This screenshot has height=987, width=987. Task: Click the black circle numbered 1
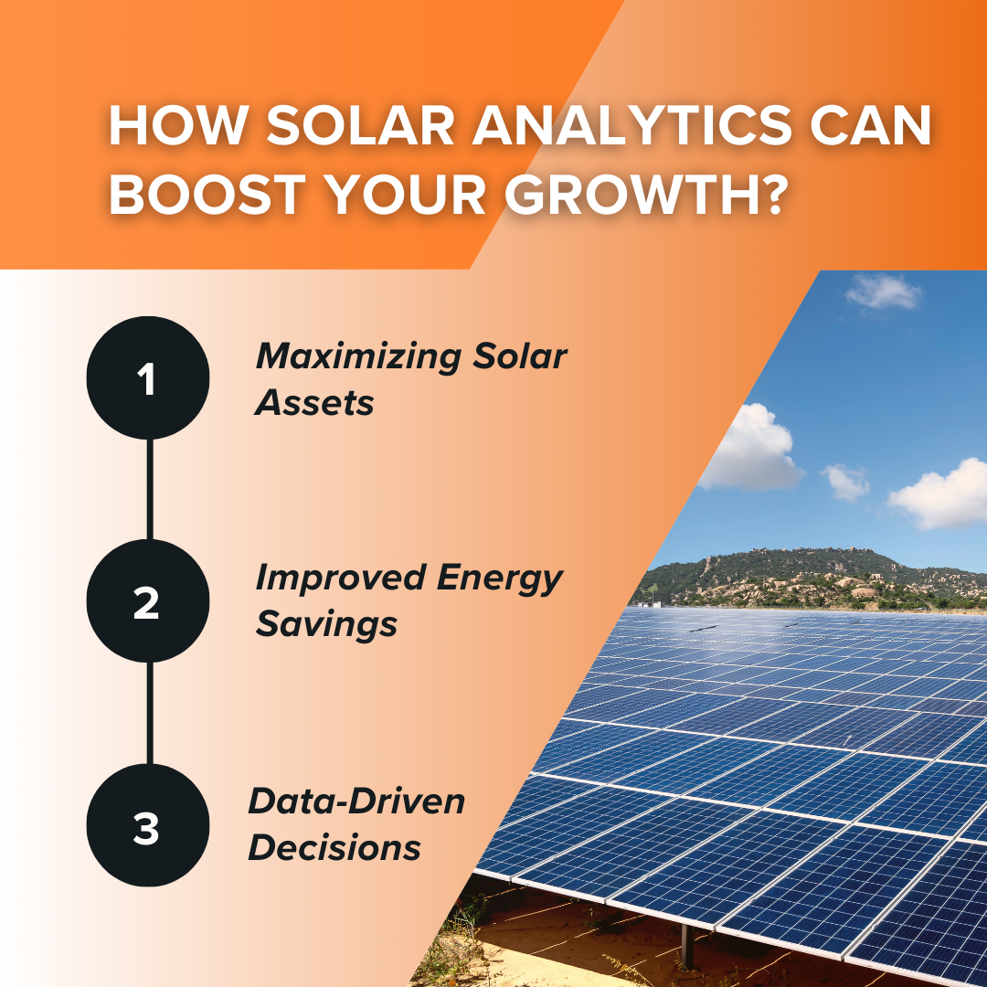coord(148,378)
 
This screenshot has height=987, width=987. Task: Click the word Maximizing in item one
coord(357,357)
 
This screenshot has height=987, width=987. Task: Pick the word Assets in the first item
coord(315,403)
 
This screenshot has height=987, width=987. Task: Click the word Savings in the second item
coord(326,624)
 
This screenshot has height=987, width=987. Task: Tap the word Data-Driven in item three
coord(356,801)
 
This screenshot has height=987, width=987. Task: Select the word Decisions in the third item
coord(334,847)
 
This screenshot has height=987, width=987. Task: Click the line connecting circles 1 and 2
coord(149,489)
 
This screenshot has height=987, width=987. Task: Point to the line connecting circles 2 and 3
coord(149,713)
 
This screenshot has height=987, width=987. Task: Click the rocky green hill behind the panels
coord(804,571)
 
